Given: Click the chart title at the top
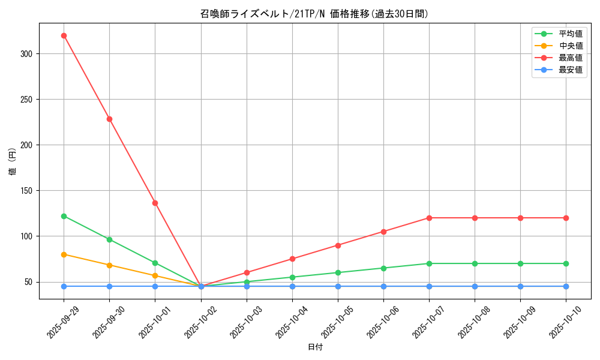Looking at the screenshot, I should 314,14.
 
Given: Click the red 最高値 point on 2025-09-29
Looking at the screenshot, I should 64,35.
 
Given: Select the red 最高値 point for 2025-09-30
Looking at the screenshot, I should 109,119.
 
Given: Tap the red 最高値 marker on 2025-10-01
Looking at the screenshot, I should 155,203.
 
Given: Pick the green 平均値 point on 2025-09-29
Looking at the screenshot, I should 64,216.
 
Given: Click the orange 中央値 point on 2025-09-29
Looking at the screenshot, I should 64,254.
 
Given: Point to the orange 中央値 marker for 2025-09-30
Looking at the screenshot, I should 109,265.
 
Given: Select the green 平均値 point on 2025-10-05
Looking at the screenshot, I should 338,272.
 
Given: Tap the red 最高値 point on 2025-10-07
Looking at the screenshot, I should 429,218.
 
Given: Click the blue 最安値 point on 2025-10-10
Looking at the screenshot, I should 566,286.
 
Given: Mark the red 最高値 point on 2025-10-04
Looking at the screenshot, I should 292,259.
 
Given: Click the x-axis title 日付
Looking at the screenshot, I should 315,347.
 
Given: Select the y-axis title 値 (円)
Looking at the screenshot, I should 13,161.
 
